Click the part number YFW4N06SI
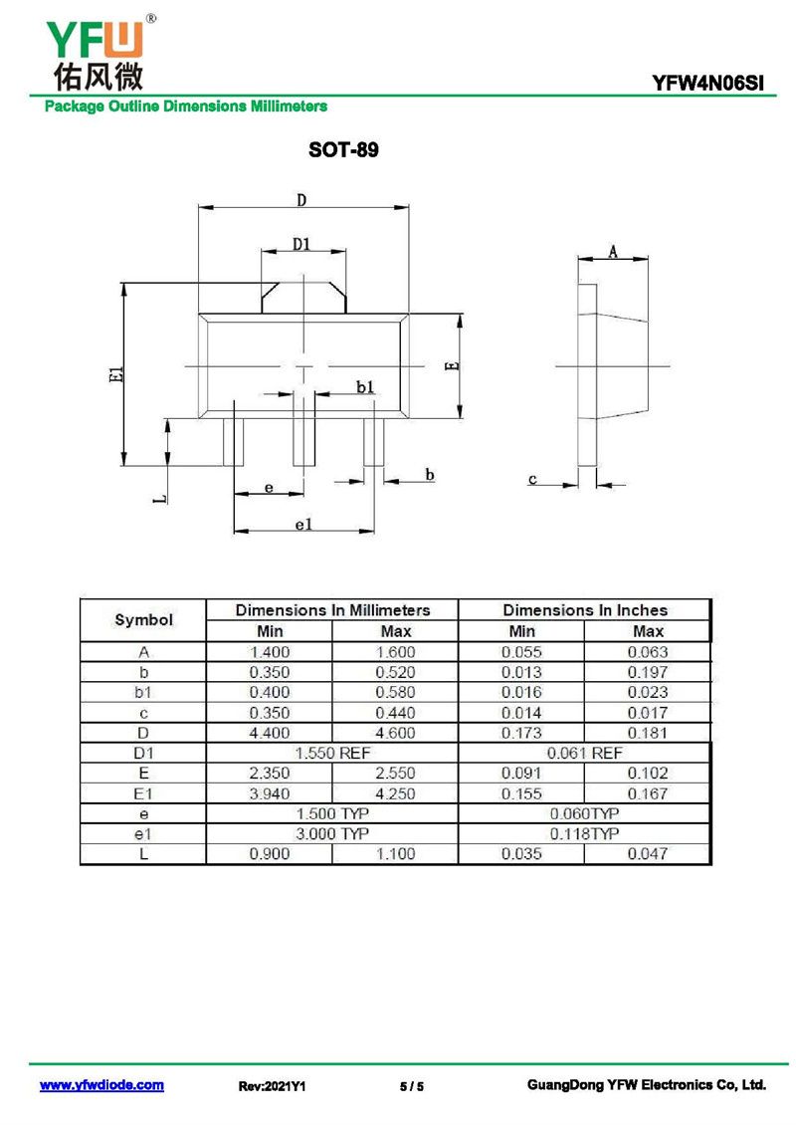pyautogui.click(x=707, y=84)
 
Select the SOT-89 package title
pyautogui.click(x=343, y=149)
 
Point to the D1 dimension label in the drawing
pyautogui.click(x=301, y=244)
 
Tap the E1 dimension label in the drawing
pyautogui.click(x=116, y=373)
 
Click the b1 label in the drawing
pyautogui.click(x=366, y=387)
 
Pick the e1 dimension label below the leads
pyautogui.click(x=304, y=525)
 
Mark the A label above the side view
pyautogui.click(x=613, y=251)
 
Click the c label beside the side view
pyautogui.click(x=532, y=479)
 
